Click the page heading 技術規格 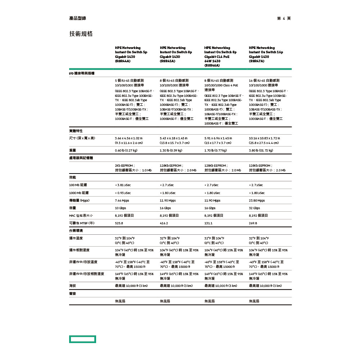point(81,34)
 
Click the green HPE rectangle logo point(82,339)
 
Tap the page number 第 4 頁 point(284,18)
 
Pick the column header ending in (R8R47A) point(266,54)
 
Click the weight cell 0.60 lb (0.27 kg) point(126,150)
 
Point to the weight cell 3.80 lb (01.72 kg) point(261,150)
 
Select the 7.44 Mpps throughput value point(122,201)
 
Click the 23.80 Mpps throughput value point(257,201)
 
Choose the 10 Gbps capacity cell point(121,208)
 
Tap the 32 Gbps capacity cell point(255,208)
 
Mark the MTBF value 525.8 point(119,223)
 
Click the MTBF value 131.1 point(208,223)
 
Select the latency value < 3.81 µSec point(123,185)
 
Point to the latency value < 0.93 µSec point(123,193)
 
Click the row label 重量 point(73,150)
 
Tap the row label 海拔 point(73,286)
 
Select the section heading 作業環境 point(76,230)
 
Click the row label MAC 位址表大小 point(81,216)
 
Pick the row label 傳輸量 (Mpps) point(79,201)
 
